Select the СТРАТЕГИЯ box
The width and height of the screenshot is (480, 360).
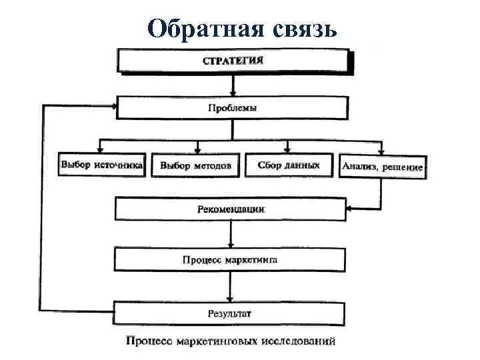pos(233,60)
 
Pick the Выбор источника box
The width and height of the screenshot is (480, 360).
pos(102,165)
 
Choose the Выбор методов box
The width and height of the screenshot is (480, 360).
pos(195,165)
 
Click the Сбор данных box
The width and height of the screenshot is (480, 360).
pos(288,165)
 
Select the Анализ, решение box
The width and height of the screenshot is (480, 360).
pos(382,167)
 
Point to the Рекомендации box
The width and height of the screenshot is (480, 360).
pos(231,209)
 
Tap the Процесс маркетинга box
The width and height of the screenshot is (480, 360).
pos(230,259)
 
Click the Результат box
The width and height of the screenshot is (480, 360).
pos(229,312)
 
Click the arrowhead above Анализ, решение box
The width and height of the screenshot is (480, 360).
pos(381,151)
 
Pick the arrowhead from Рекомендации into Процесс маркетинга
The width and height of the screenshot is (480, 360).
pos(230,244)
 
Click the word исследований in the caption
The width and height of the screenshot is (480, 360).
pos(299,342)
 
